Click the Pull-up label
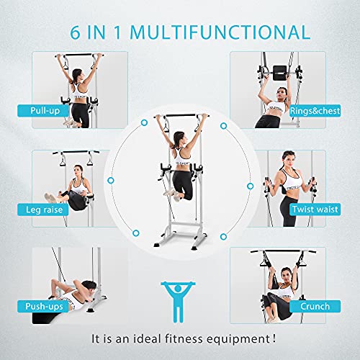pyautogui.click(x=45, y=111)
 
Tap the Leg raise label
pyautogui.click(x=44, y=210)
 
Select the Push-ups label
pyautogui.click(x=44, y=307)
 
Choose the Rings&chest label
pyautogui.click(x=315, y=111)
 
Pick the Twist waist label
pyautogui.click(x=315, y=210)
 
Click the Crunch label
pyautogui.click(x=315, y=307)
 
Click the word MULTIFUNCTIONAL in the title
pyautogui.click(x=220, y=32)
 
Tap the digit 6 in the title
pyautogui.click(x=75, y=32)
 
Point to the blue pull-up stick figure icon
pyautogui.click(x=178, y=302)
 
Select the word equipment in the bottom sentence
pyautogui.click(x=238, y=340)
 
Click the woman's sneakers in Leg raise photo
pyautogui.click(x=51, y=197)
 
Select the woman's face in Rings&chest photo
pyautogui.click(x=282, y=94)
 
